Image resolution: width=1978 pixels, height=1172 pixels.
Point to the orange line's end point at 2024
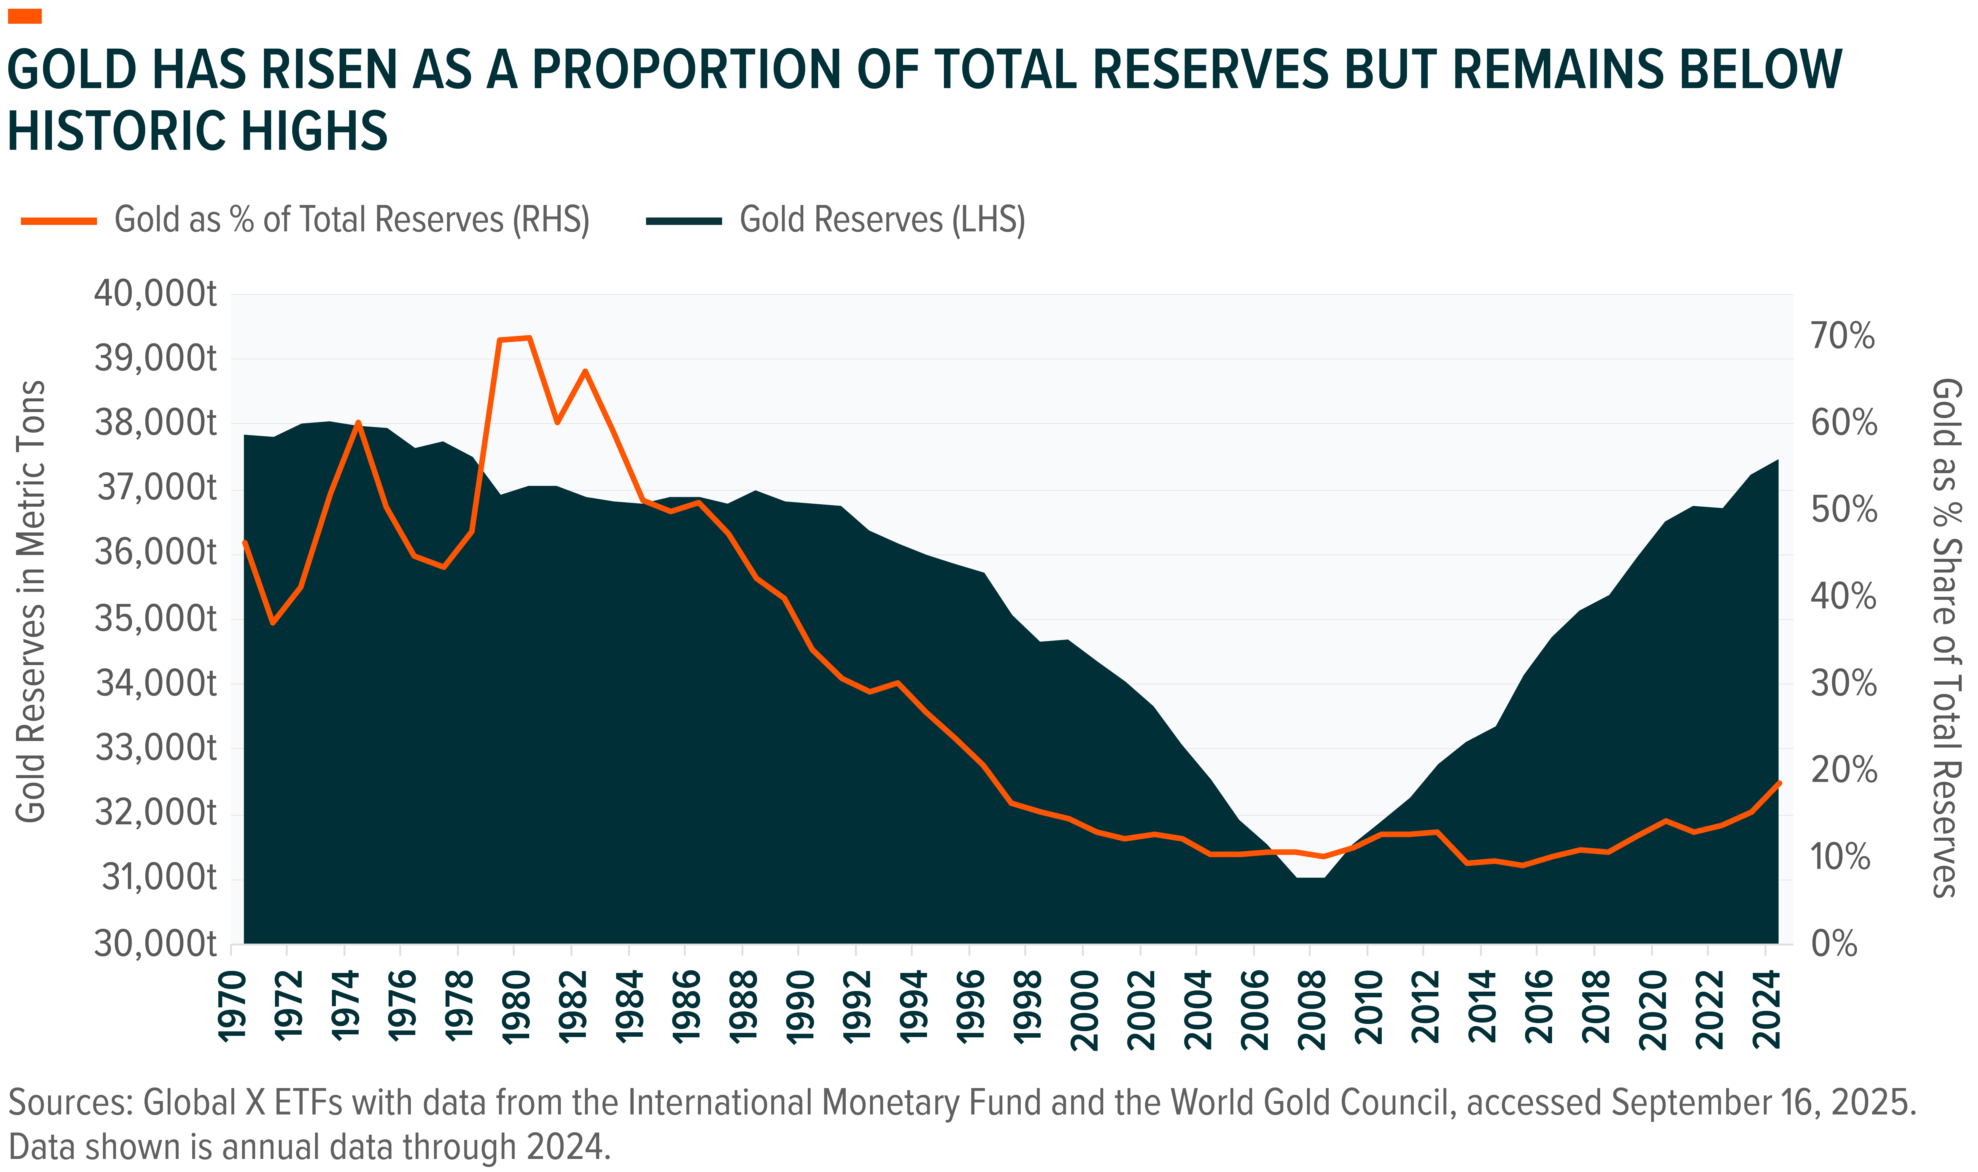coord(1779,783)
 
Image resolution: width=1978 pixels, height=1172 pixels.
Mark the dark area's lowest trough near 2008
coord(1311,877)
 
